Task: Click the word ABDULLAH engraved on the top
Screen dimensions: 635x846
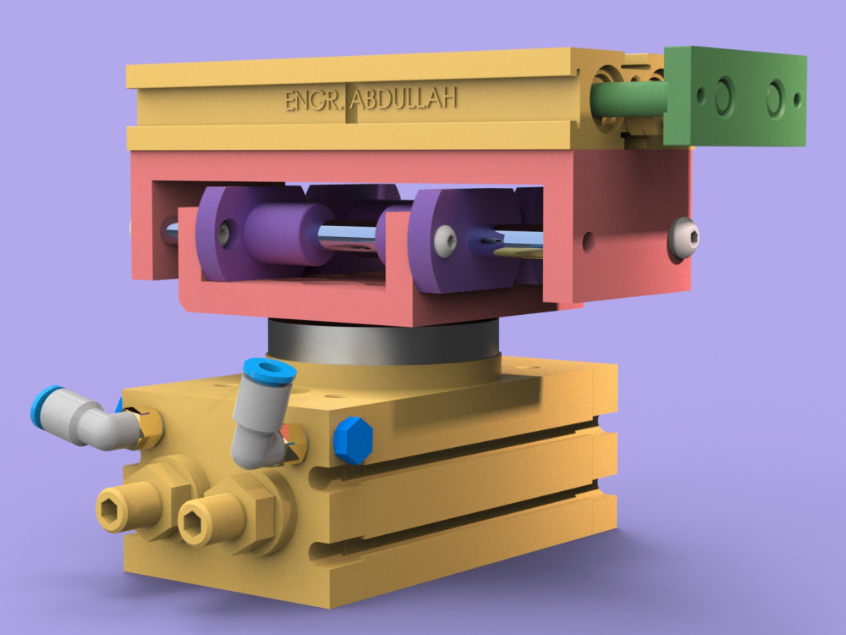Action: coord(404,99)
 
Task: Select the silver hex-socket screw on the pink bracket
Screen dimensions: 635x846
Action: coord(684,238)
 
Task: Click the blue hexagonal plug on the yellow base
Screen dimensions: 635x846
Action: coord(353,439)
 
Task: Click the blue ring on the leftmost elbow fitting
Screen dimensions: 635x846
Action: coord(46,404)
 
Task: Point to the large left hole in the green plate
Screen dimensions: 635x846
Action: coord(724,96)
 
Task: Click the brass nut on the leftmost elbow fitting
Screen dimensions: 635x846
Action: coord(149,428)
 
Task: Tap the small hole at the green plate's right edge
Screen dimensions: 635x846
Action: coord(798,99)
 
